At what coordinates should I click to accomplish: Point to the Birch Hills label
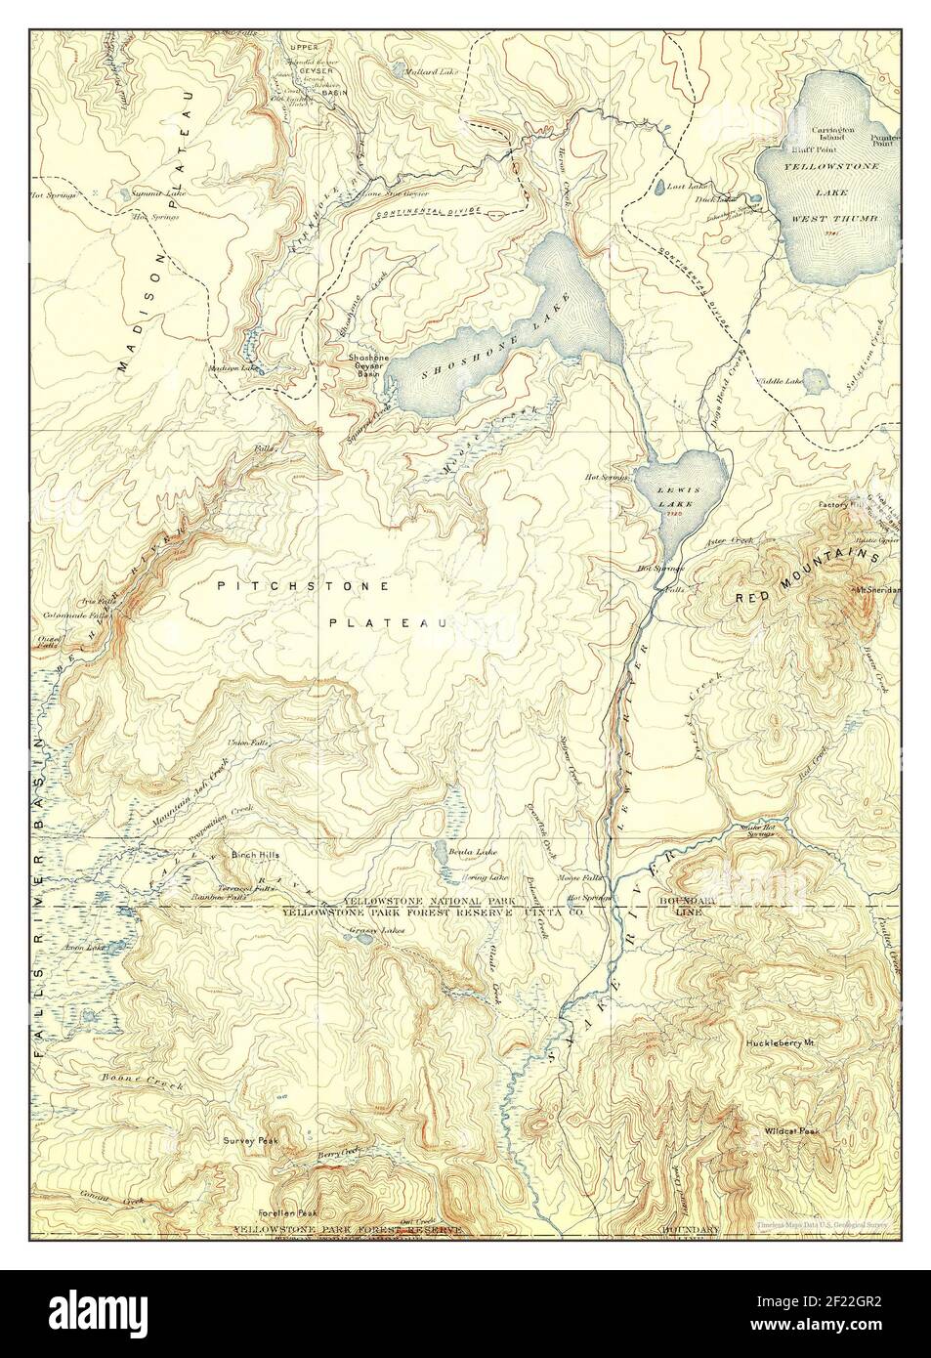point(256,855)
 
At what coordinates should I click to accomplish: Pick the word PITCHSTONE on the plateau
point(304,586)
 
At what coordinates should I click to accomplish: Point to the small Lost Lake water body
point(661,187)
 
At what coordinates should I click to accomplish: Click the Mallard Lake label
point(434,72)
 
